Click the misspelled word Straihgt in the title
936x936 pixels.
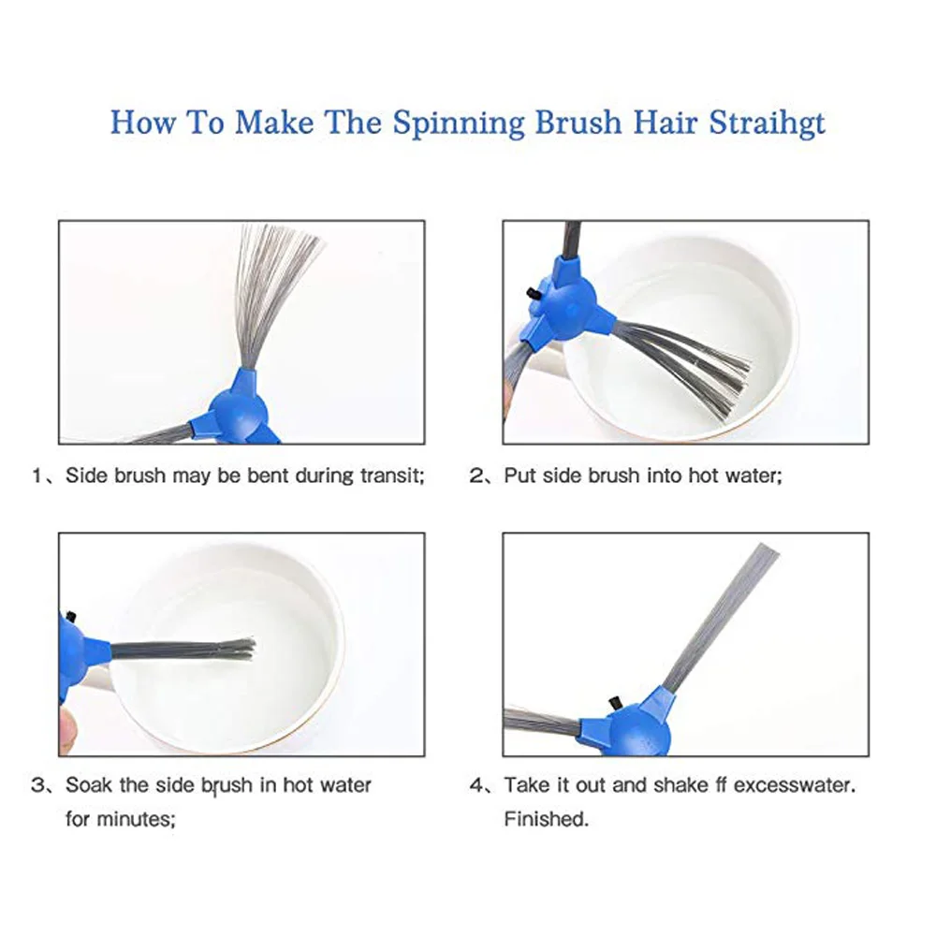[767, 123]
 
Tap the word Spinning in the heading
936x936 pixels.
[458, 124]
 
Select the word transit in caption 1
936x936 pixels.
[392, 475]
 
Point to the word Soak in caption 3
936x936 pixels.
[90, 785]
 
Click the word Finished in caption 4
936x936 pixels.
[546, 819]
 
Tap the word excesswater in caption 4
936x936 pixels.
[794, 785]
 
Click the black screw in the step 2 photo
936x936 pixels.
[533, 294]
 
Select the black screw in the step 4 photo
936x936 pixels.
[614, 704]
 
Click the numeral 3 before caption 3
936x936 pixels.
[38, 785]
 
